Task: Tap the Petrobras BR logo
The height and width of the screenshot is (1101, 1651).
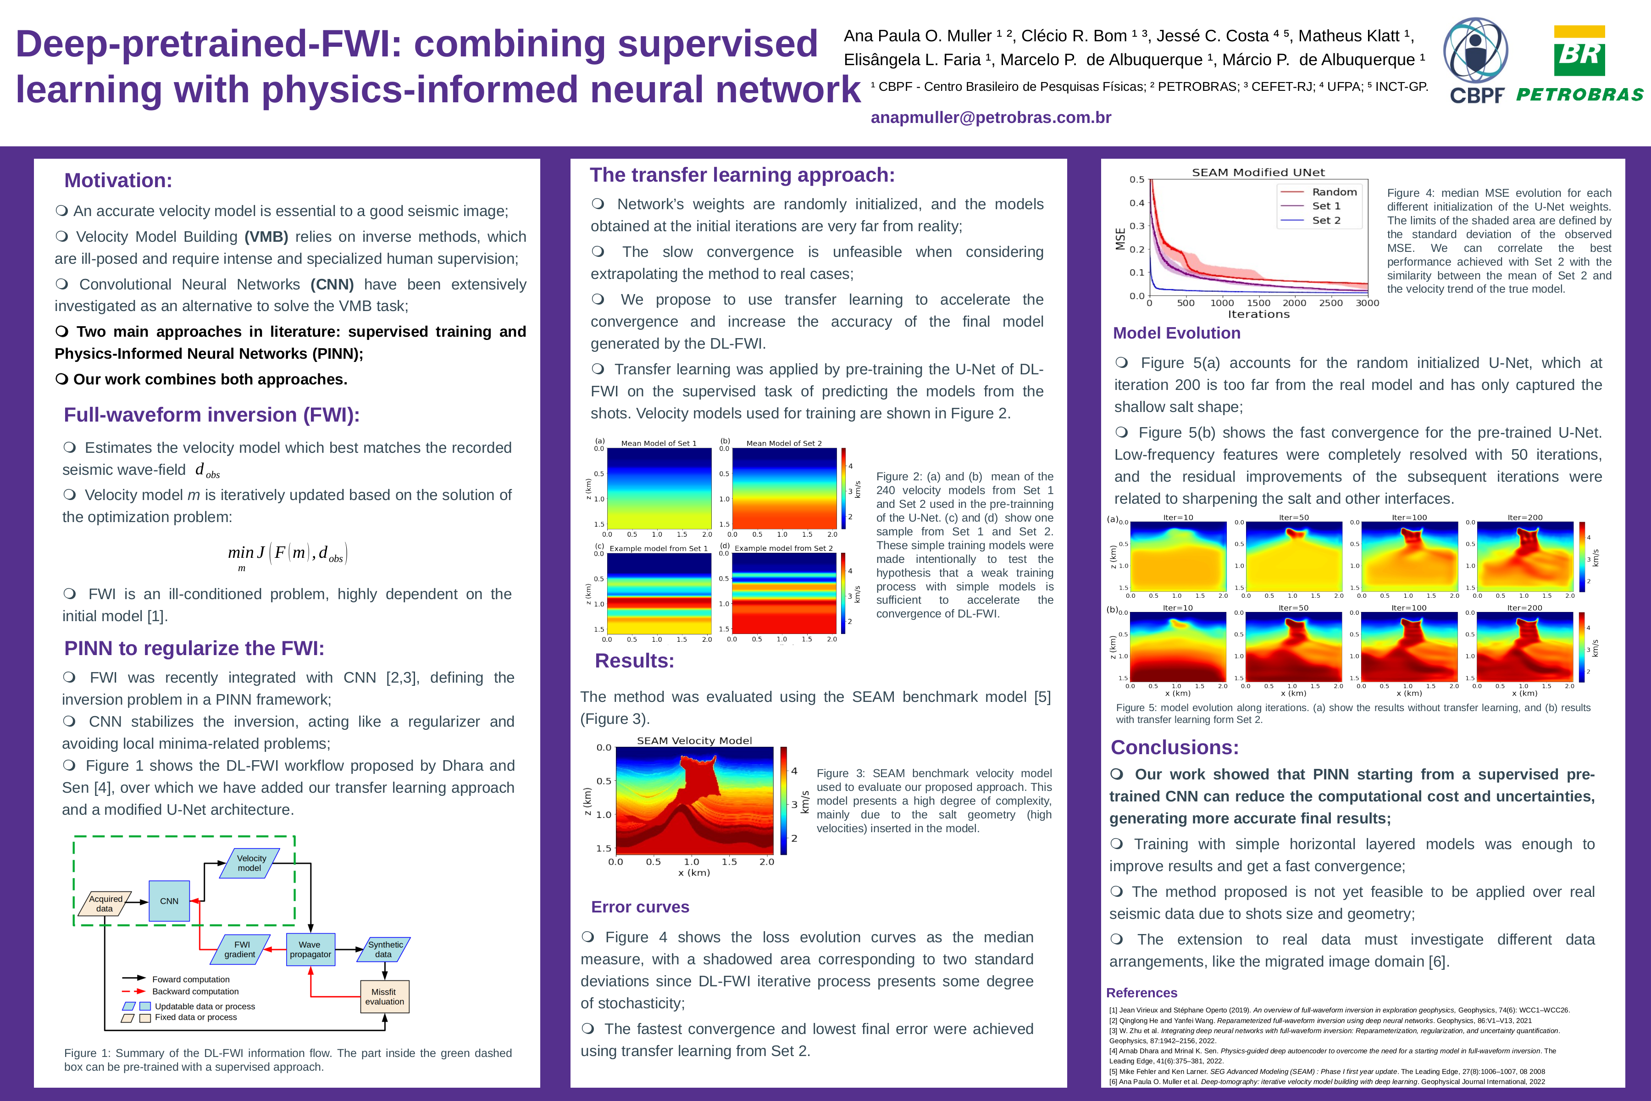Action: pos(1579,63)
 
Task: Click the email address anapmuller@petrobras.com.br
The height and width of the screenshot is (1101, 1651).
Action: pos(991,118)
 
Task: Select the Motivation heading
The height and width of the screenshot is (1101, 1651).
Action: pos(118,180)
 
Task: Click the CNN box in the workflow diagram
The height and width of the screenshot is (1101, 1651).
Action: pos(169,901)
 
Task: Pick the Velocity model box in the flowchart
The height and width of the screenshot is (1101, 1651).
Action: pos(250,863)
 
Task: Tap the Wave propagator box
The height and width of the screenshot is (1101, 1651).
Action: pos(310,949)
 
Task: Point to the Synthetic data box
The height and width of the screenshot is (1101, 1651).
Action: pos(385,949)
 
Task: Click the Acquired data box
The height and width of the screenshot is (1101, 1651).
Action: pos(105,904)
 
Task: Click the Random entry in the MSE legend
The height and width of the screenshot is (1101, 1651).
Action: pos(1334,192)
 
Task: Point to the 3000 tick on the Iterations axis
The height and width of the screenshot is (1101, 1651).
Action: pos(1367,303)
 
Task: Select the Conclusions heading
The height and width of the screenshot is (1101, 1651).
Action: pos(1175,747)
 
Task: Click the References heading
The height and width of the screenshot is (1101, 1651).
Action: pos(1141,993)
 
